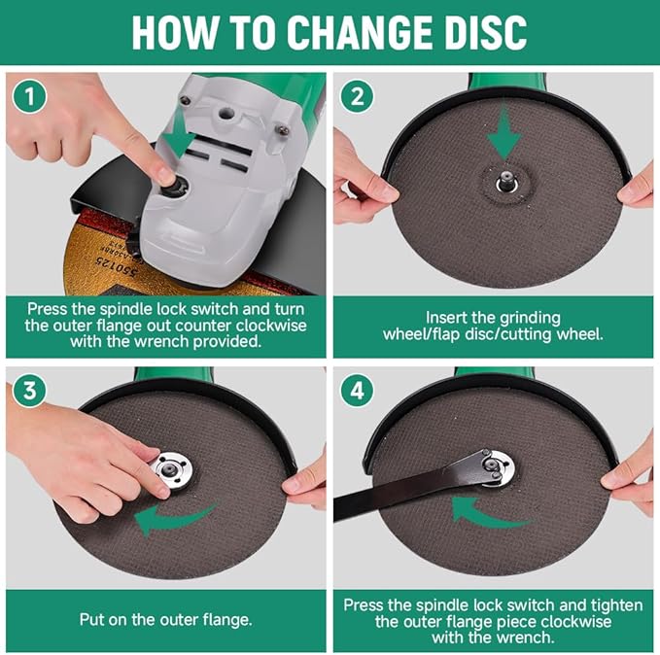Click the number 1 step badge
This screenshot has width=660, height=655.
[29, 96]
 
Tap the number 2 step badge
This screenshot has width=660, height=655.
[357, 96]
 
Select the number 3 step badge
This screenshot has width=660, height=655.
[29, 391]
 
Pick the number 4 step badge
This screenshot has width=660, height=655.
[357, 391]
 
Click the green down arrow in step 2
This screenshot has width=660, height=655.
[505, 132]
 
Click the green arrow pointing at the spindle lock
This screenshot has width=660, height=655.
[180, 135]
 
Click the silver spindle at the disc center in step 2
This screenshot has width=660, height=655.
[505, 181]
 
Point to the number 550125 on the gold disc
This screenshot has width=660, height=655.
[117, 266]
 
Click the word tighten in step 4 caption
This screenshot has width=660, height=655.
[616, 605]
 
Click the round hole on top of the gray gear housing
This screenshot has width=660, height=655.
[226, 113]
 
